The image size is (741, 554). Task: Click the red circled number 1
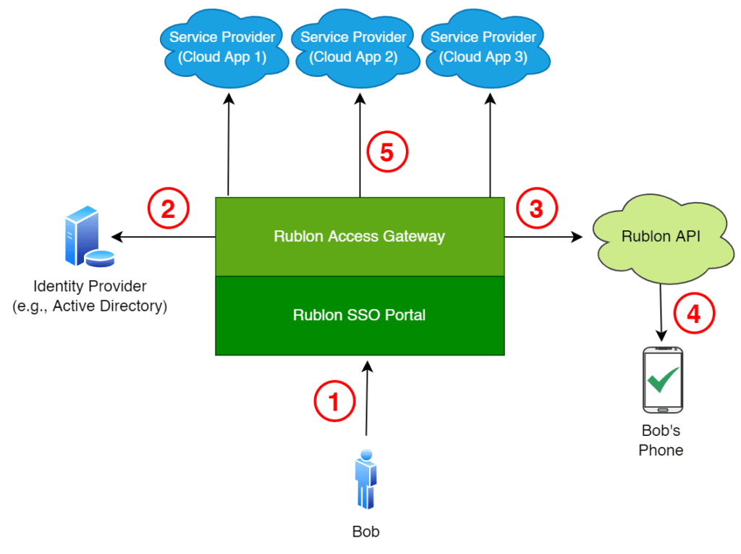[x=334, y=400]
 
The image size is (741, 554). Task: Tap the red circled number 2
[x=168, y=209]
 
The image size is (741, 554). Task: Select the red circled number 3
[x=536, y=209]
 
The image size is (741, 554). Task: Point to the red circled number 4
[x=694, y=315]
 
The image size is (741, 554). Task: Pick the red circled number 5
[x=387, y=153]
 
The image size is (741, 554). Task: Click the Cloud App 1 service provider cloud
[x=221, y=48]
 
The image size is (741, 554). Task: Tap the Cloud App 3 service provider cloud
[x=483, y=48]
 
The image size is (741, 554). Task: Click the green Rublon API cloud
[x=661, y=237]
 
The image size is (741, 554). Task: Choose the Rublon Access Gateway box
[x=360, y=236]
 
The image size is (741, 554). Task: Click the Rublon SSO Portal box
[x=360, y=315]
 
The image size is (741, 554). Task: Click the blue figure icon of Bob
[x=365, y=482]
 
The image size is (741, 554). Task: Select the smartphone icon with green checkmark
[x=662, y=380]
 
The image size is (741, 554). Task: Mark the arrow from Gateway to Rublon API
[x=543, y=237]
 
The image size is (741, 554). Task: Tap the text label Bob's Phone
[x=661, y=440]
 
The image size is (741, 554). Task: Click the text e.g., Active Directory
[x=90, y=306]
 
